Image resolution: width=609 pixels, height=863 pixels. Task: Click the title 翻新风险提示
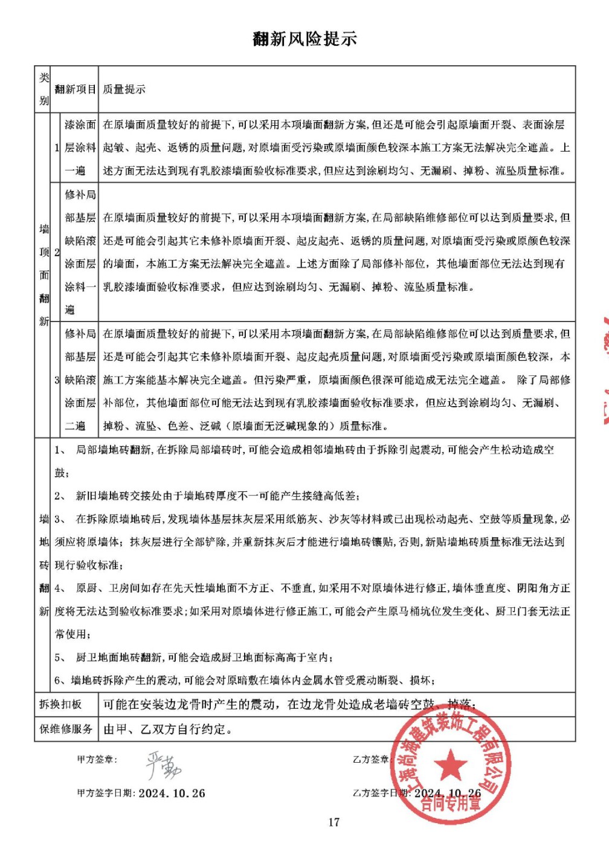(x=304, y=39)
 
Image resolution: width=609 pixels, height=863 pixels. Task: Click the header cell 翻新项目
(x=75, y=89)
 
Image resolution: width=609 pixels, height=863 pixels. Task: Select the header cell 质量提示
(x=124, y=89)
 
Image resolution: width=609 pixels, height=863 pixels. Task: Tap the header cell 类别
(x=43, y=89)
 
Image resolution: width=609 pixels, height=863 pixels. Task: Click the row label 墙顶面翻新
(x=44, y=274)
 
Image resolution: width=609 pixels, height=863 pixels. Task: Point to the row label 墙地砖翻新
(x=44, y=564)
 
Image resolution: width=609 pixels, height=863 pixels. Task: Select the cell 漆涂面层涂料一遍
(x=80, y=147)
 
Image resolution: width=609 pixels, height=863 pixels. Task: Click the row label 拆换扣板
(x=60, y=704)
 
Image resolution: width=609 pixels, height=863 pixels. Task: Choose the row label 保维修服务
(x=66, y=729)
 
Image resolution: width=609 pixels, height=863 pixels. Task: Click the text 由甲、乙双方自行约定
(x=168, y=729)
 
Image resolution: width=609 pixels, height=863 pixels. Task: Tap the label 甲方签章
(x=97, y=759)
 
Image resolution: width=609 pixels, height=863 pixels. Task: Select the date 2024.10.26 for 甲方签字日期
(x=172, y=793)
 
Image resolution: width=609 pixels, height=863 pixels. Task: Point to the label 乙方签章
(x=370, y=759)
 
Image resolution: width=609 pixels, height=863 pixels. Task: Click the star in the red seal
(x=450, y=766)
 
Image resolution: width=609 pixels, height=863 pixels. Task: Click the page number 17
(x=334, y=822)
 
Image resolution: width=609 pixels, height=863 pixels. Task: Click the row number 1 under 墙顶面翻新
(x=57, y=147)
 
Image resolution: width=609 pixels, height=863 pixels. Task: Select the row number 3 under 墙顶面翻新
(x=57, y=380)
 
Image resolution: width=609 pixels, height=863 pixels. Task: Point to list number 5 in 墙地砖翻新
(x=59, y=658)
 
